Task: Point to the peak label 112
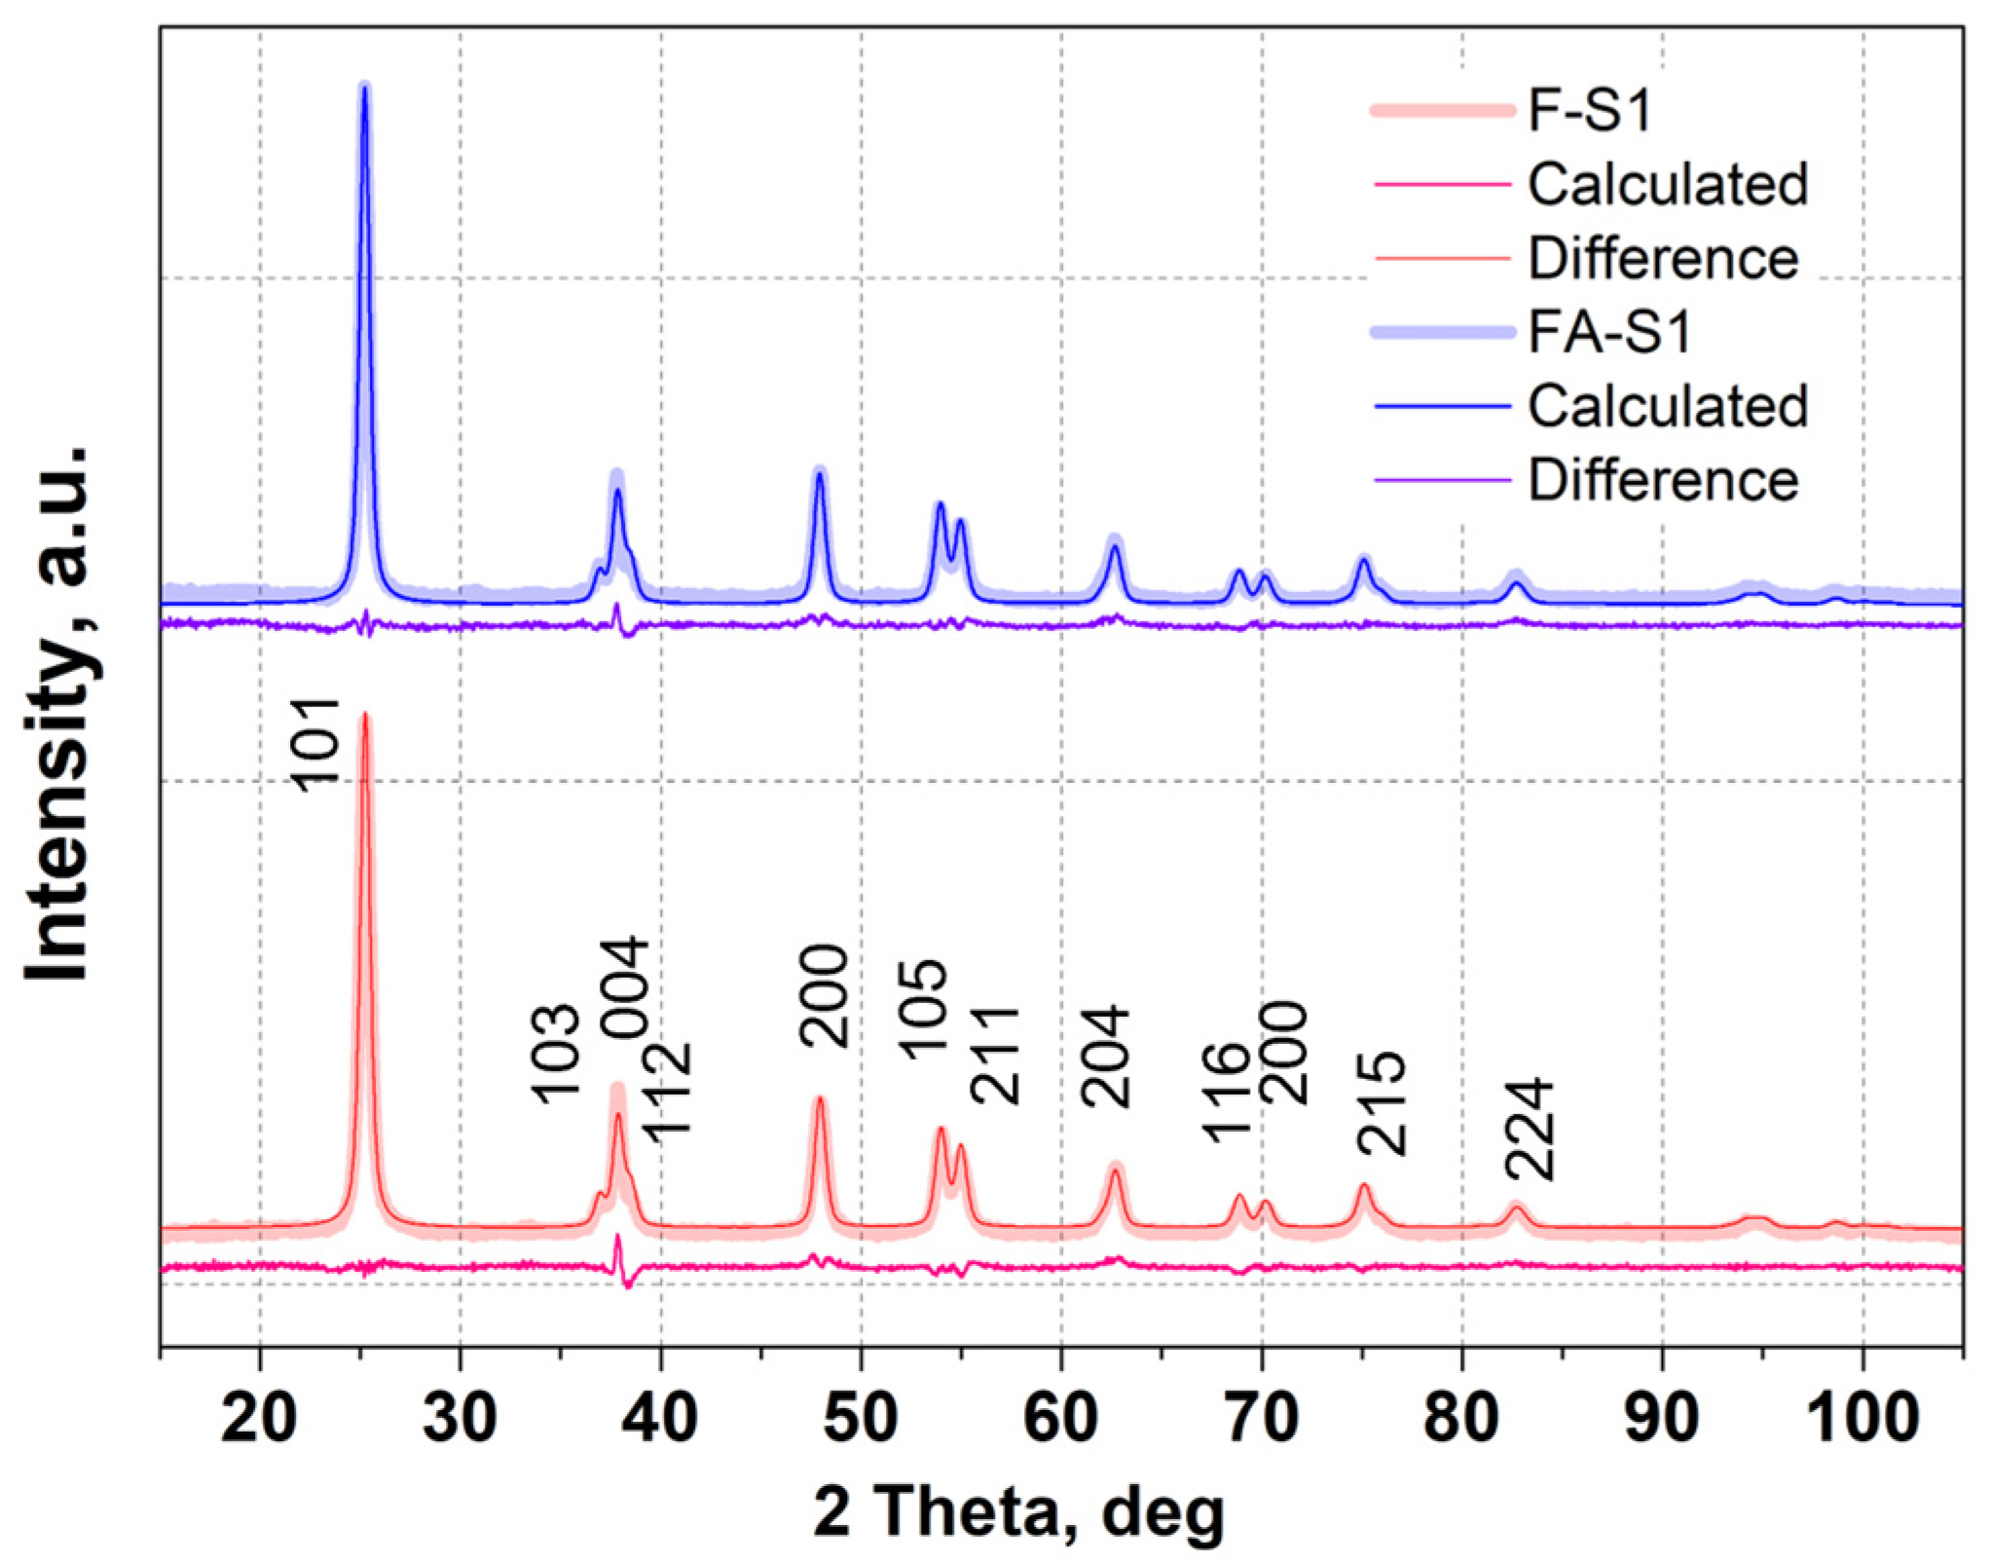669,1088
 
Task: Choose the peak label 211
995,1056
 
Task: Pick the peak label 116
1225,1092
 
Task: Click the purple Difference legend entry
1663,479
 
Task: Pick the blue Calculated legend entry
1667,405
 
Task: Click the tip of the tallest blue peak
365,87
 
